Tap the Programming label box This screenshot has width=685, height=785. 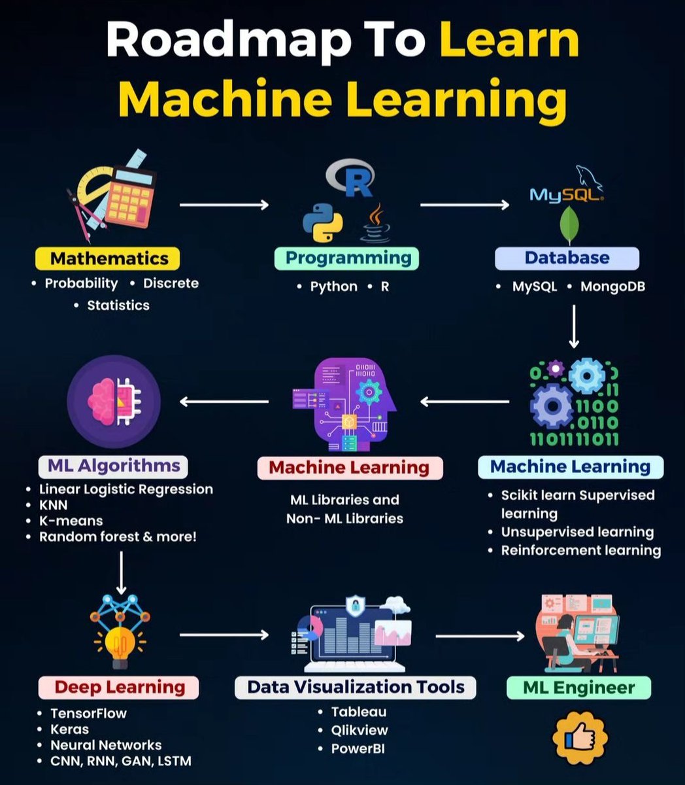coord(346,258)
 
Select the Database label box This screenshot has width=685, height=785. coord(567,258)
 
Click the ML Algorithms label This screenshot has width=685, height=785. coord(112,466)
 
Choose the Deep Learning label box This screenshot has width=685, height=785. coord(119,687)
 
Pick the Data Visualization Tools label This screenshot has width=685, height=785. coord(355,687)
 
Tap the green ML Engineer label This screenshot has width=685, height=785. coord(578,688)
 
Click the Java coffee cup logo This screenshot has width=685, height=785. coord(376,224)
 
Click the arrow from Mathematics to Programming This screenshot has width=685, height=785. coord(224,205)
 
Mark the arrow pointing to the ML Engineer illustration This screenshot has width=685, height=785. coord(480,635)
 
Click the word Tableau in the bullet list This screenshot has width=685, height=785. coord(359,712)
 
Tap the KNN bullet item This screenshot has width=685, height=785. coord(54,505)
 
